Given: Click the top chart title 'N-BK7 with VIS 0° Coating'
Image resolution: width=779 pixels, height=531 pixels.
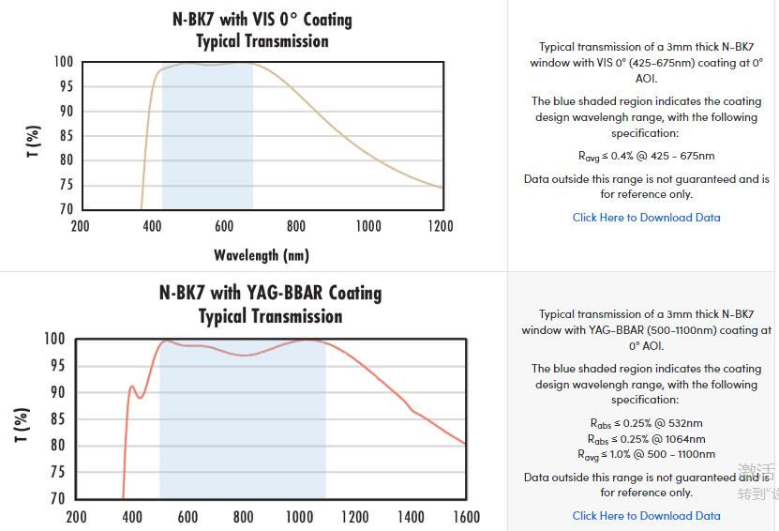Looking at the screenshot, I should (262, 19).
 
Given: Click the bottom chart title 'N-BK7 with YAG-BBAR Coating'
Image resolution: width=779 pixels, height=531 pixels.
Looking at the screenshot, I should (270, 293).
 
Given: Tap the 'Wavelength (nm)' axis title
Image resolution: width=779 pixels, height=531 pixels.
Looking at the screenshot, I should (261, 254).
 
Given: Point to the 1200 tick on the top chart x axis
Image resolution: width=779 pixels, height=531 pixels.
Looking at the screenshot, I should (440, 226).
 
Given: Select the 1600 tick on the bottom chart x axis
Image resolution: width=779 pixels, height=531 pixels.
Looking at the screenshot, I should (466, 517).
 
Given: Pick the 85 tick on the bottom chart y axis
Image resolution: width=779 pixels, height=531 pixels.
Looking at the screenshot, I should (56, 418).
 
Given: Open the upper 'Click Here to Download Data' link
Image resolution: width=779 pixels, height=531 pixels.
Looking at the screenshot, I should (646, 218).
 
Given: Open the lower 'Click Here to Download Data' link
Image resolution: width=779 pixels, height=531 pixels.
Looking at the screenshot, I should (646, 516).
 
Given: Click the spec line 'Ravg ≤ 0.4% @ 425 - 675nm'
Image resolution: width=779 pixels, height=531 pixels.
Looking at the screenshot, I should (646, 156).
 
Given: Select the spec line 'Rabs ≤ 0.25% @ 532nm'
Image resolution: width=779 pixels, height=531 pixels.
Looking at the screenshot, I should (646, 424).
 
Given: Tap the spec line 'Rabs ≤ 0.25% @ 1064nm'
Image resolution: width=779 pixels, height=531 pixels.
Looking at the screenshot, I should (646, 439).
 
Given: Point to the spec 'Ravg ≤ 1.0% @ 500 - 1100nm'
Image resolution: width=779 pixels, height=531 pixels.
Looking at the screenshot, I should (646, 454).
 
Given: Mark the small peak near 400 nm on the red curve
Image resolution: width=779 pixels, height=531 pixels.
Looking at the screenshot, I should (132, 387).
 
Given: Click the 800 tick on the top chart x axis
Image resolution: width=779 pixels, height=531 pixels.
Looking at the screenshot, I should (296, 226).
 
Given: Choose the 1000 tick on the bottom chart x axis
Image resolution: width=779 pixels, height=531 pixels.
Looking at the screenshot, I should (299, 517).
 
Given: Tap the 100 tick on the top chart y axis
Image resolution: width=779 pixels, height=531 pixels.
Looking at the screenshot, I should (63, 62).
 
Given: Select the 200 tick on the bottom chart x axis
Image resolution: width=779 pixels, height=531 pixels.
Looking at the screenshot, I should (76, 517).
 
